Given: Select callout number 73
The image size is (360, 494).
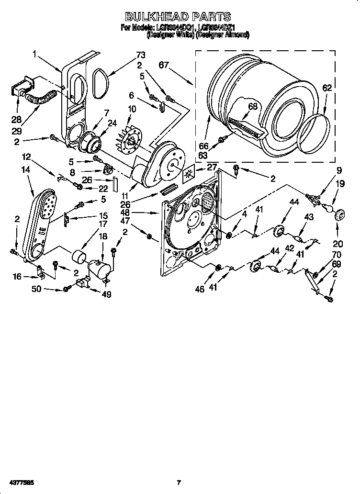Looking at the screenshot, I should coord(141,56).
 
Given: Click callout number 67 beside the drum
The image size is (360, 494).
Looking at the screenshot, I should coord(164,65).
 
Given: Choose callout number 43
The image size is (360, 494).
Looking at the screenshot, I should coord(309,217).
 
